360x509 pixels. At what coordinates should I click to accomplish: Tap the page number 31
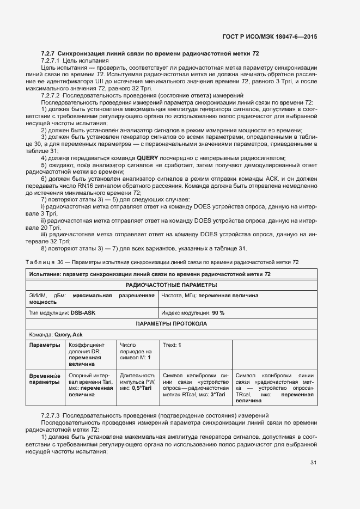point(313,463)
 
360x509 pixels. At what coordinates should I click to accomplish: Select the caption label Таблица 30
point(46,262)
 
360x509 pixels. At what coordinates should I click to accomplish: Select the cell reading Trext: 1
point(172,345)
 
